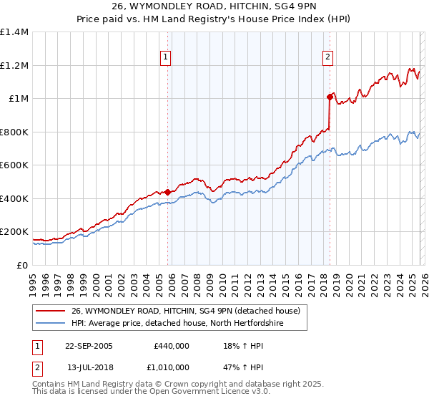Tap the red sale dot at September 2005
pyautogui.click(x=168, y=192)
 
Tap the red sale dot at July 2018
pyautogui.click(x=330, y=96)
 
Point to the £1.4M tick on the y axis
pyautogui.click(x=14, y=32)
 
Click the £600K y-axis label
pyautogui.click(x=14, y=165)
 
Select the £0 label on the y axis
pyautogui.click(x=21, y=265)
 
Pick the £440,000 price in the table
pyautogui.click(x=171, y=346)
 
